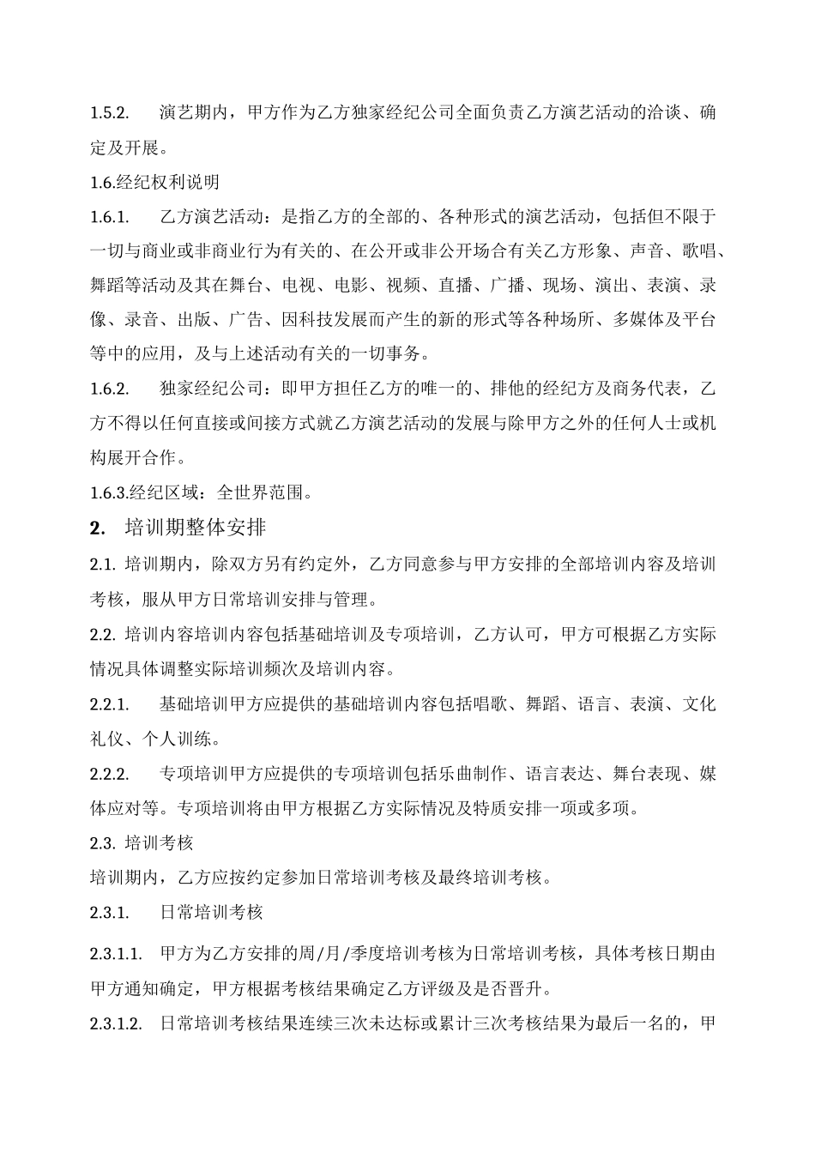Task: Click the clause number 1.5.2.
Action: click(109, 113)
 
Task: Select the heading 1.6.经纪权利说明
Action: click(154, 182)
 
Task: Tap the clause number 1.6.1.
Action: click(109, 216)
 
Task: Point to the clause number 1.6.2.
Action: click(109, 389)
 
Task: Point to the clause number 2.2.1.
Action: click(109, 704)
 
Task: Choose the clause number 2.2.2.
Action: click(109, 774)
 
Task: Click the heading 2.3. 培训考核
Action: click(142, 842)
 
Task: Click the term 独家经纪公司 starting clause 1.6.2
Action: click(211, 389)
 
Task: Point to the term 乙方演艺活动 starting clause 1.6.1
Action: click(211, 216)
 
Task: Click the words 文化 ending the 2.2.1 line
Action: click(698, 704)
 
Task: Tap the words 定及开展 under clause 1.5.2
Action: click(124, 148)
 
